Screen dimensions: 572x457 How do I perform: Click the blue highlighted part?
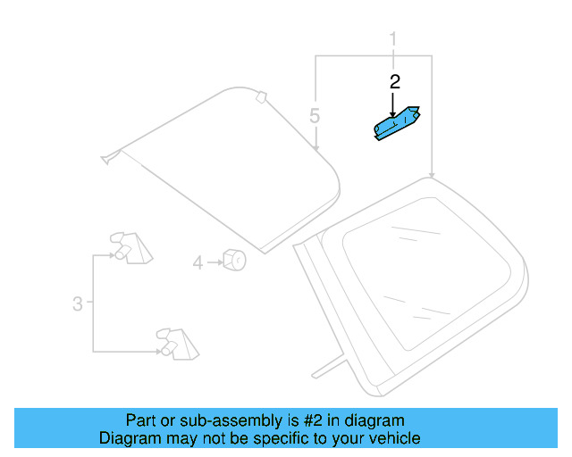[397, 123]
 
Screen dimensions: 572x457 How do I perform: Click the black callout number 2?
[395, 82]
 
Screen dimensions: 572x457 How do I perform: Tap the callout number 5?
[315, 115]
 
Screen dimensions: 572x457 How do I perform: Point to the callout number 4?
[198, 262]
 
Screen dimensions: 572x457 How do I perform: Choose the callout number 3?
[78, 303]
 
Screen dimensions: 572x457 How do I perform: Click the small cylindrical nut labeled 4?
[234, 260]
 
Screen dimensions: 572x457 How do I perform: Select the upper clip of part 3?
[131, 248]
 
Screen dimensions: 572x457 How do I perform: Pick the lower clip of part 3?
[178, 345]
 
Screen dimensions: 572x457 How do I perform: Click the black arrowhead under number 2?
[392, 114]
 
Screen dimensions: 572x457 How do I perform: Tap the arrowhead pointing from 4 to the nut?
[221, 262]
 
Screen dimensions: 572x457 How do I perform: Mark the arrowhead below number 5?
[315, 147]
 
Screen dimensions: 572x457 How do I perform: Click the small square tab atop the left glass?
[261, 97]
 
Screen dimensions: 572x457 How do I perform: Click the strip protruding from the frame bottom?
[328, 366]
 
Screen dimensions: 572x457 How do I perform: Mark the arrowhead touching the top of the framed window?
[432, 175]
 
